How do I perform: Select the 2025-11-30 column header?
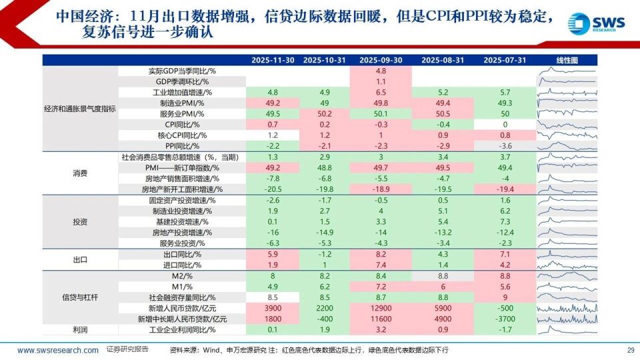click(272, 60)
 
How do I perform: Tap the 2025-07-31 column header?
click(505, 60)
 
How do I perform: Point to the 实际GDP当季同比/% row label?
click(177, 71)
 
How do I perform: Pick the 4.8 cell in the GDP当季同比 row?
click(381, 71)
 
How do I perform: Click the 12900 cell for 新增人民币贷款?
click(381, 308)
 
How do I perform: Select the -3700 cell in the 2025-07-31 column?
click(505, 319)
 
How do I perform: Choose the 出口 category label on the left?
click(81, 259)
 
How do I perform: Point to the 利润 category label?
click(81, 329)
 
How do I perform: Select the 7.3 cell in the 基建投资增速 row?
click(505, 221)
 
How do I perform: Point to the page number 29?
click(631, 350)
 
